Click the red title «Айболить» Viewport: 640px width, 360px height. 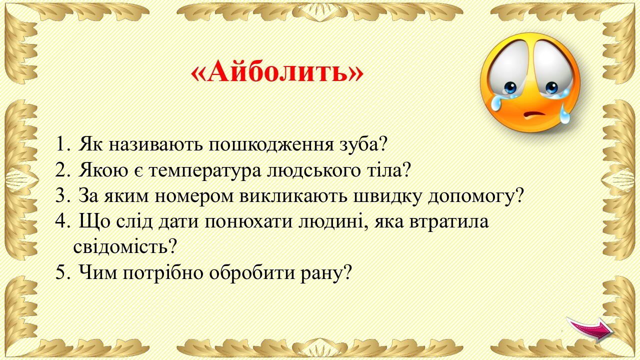tap(277, 71)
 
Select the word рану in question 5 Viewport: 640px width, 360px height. tap(325, 273)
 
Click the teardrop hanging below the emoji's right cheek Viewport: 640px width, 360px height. tap(564, 114)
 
